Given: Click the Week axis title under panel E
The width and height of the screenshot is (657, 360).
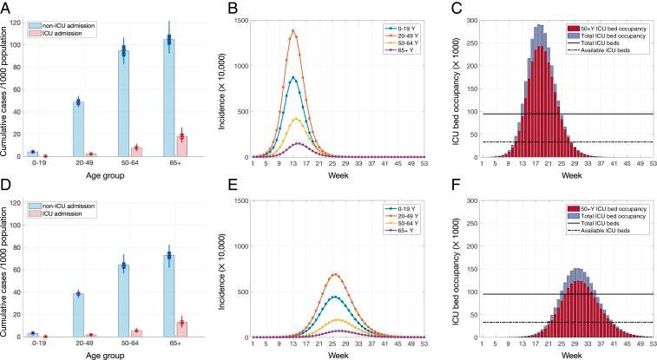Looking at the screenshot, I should click(338, 355).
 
